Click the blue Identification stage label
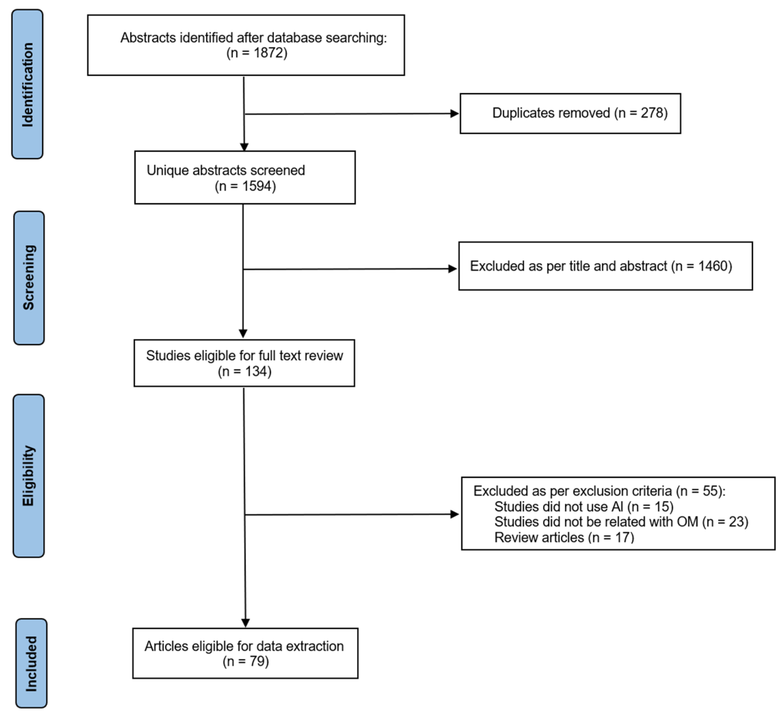[x=27, y=84]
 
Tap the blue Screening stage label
[x=29, y=278]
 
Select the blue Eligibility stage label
[x=28, y=476]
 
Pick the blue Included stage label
[x=31, y=664]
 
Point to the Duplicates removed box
[x=570, y=113]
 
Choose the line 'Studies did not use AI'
[x=583, y=507]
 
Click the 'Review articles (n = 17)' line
[x=564, y=538]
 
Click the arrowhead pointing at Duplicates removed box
[x=454, y=113]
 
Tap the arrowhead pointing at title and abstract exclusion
[x=452, y=269]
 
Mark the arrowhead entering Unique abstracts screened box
[x=244, y=147]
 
